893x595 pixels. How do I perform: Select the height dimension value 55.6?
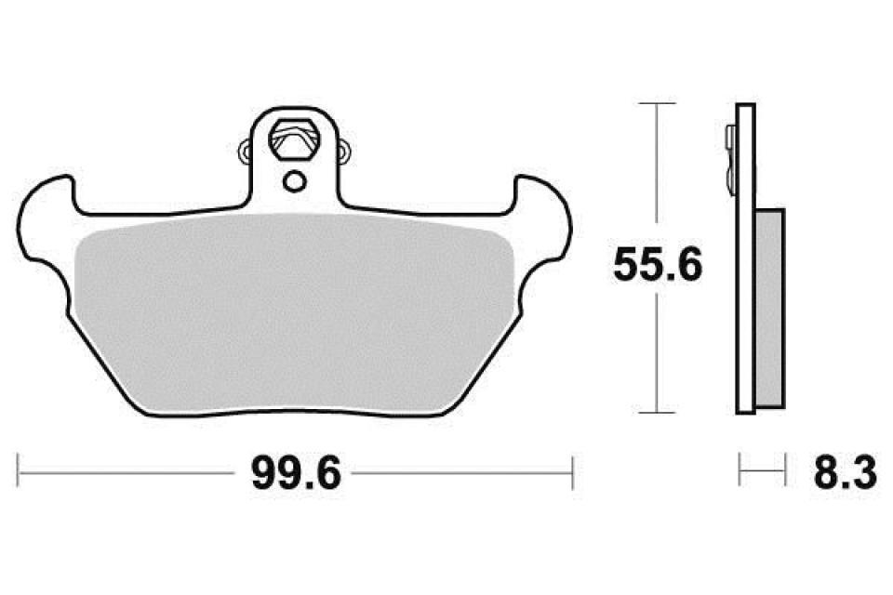point(657,268)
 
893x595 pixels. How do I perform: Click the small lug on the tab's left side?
point(246,149)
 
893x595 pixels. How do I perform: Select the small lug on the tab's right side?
point(345,149)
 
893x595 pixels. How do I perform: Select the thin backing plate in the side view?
point(744,260)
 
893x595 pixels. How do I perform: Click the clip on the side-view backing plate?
point(728,153)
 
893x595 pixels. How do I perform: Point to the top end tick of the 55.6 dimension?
point(658,104)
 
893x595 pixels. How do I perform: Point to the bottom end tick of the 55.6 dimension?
point(658,412)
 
